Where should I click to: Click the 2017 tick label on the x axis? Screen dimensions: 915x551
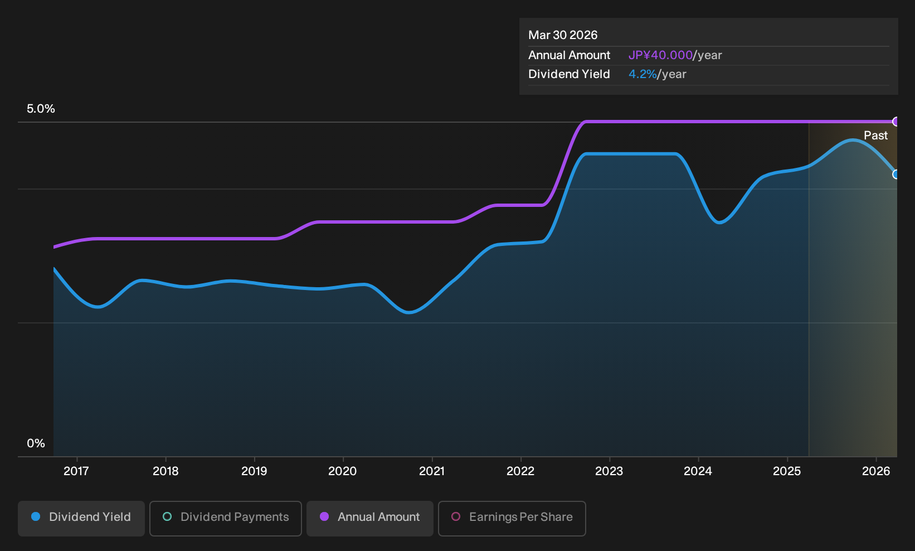coord(76,471)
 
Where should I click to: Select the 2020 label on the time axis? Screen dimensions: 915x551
coord(343,471)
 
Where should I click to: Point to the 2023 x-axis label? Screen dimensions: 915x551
coord(609,471)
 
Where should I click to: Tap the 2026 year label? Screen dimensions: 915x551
coord(876,471)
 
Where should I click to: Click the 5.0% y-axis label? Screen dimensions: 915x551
coord(41,109)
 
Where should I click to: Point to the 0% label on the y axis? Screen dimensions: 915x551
coord(36,443)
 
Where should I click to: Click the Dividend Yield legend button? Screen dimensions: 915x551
coord(81,518)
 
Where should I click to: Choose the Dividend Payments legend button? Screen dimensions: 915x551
coord(226,518)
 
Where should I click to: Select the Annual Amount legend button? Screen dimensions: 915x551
coord(369,518)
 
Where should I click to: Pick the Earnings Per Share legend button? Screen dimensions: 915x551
coord(512,518)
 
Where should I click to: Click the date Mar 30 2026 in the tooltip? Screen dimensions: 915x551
coord(563,35)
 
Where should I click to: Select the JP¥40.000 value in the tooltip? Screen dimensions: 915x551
coord(660,55)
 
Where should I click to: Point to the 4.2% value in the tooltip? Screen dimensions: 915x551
coord(643,74)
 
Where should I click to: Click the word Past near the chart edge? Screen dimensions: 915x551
coord(876,136)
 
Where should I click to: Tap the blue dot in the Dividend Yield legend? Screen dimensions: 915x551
coord(36,516)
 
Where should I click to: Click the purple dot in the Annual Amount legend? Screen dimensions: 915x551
coord(324,516)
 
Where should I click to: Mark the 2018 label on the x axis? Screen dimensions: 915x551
coord(166,471)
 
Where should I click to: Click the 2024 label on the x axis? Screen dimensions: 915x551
coord(698,471)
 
